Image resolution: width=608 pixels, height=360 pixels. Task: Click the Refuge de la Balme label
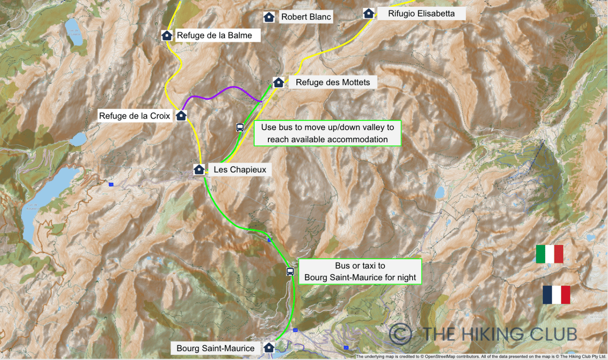tap(214, 35)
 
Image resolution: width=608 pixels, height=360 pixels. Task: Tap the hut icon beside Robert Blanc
tap(269, 17)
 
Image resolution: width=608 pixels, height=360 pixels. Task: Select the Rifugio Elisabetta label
tap(421, 14)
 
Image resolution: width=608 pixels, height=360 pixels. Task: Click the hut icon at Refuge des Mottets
tap(278, 82)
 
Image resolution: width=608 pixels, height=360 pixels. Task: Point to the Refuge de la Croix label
tap(135, 116)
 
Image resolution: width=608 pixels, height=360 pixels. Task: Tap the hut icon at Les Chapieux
tap(199, 169)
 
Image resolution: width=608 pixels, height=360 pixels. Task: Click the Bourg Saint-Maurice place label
tap(215, 348)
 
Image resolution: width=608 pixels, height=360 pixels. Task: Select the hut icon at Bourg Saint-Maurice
tap(269, 347)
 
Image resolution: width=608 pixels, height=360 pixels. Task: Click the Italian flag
tap(549, 254)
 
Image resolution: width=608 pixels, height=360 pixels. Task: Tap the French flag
tap(556, 295)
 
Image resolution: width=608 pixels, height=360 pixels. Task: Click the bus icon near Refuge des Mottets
tap(239, 127)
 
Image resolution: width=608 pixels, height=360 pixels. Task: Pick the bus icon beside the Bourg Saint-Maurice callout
tap(290, 271)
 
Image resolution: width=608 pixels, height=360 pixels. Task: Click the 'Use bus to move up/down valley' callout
tap(327, 133)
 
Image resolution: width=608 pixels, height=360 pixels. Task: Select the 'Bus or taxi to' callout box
tap(360, 271)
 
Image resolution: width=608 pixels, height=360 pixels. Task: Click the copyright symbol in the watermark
tap(400, 334)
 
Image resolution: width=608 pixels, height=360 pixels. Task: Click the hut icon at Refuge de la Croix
tap(181, 115)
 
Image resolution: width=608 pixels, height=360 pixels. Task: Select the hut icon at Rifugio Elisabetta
tap(369, 13)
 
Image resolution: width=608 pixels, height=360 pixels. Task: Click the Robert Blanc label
tap(306, 17)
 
